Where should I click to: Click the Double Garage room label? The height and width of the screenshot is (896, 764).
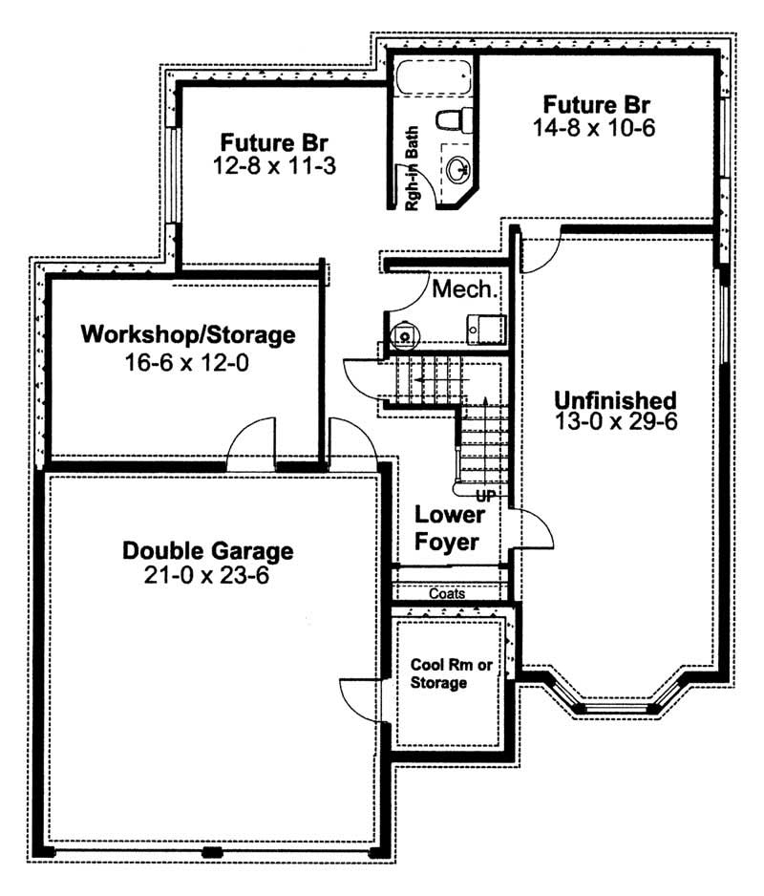207,551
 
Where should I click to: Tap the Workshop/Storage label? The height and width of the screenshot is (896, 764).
188,335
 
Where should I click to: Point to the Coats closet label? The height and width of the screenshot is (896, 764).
447,594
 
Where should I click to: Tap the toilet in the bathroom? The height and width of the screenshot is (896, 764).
451,119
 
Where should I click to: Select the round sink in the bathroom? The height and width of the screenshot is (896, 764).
457,169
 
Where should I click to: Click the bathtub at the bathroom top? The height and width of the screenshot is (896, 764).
432,76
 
